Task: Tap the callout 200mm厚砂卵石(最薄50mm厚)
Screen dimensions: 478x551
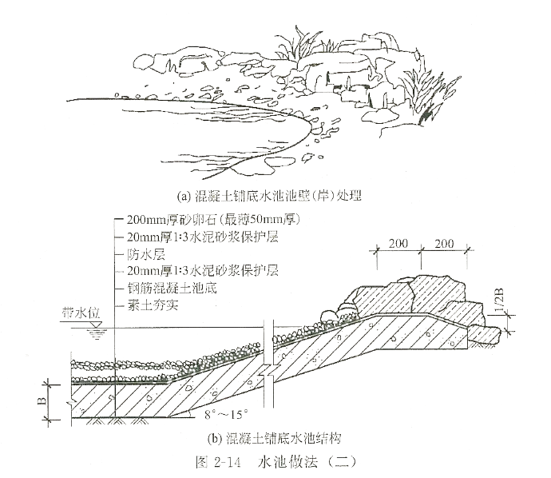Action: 212,220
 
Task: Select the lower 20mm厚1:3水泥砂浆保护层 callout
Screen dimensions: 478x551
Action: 201,271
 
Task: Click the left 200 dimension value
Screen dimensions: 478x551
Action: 398,243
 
